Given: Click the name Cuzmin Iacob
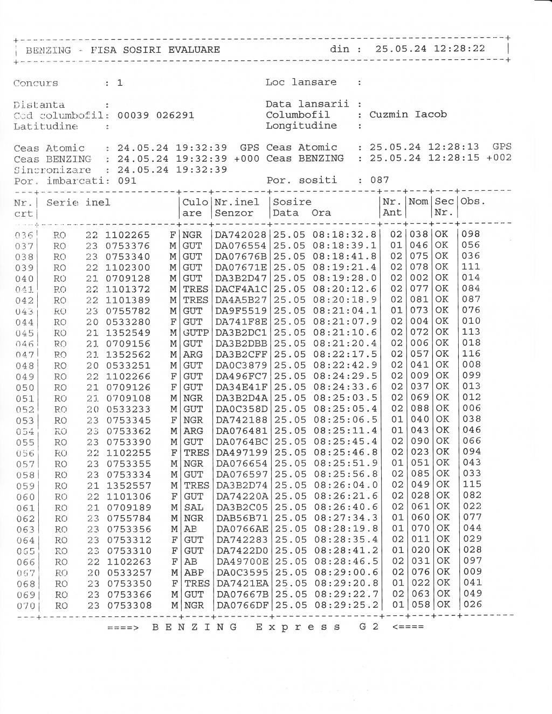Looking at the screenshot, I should coord(408,114).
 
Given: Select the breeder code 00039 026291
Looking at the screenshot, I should coord(156,115).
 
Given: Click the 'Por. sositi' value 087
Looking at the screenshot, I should coord(379,180).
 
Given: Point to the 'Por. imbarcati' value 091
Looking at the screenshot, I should coord(127,181).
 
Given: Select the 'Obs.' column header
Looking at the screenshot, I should coord(473,202).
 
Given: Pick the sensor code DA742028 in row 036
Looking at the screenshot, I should coord(240,234).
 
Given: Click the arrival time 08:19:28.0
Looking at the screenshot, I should coord(344,278).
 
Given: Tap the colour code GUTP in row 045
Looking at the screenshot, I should coord(195,332).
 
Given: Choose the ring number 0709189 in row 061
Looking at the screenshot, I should coord(128,507).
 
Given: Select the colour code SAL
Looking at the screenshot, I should coord(193,507).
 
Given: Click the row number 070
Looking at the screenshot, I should coord(25,606).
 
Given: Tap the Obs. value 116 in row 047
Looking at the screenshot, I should coord(471,353).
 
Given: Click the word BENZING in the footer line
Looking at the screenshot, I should coord(195,627).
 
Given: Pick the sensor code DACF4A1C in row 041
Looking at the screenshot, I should coord(241,289).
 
